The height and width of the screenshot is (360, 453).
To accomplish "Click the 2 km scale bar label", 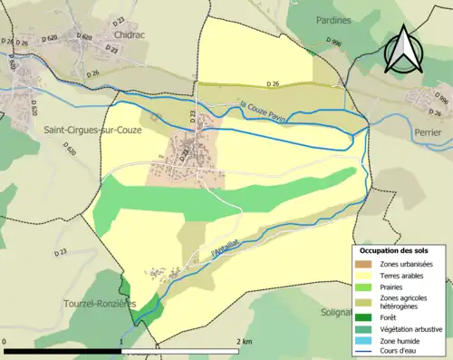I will [245, 342].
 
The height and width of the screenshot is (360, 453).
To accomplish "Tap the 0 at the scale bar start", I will [5, 342].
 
